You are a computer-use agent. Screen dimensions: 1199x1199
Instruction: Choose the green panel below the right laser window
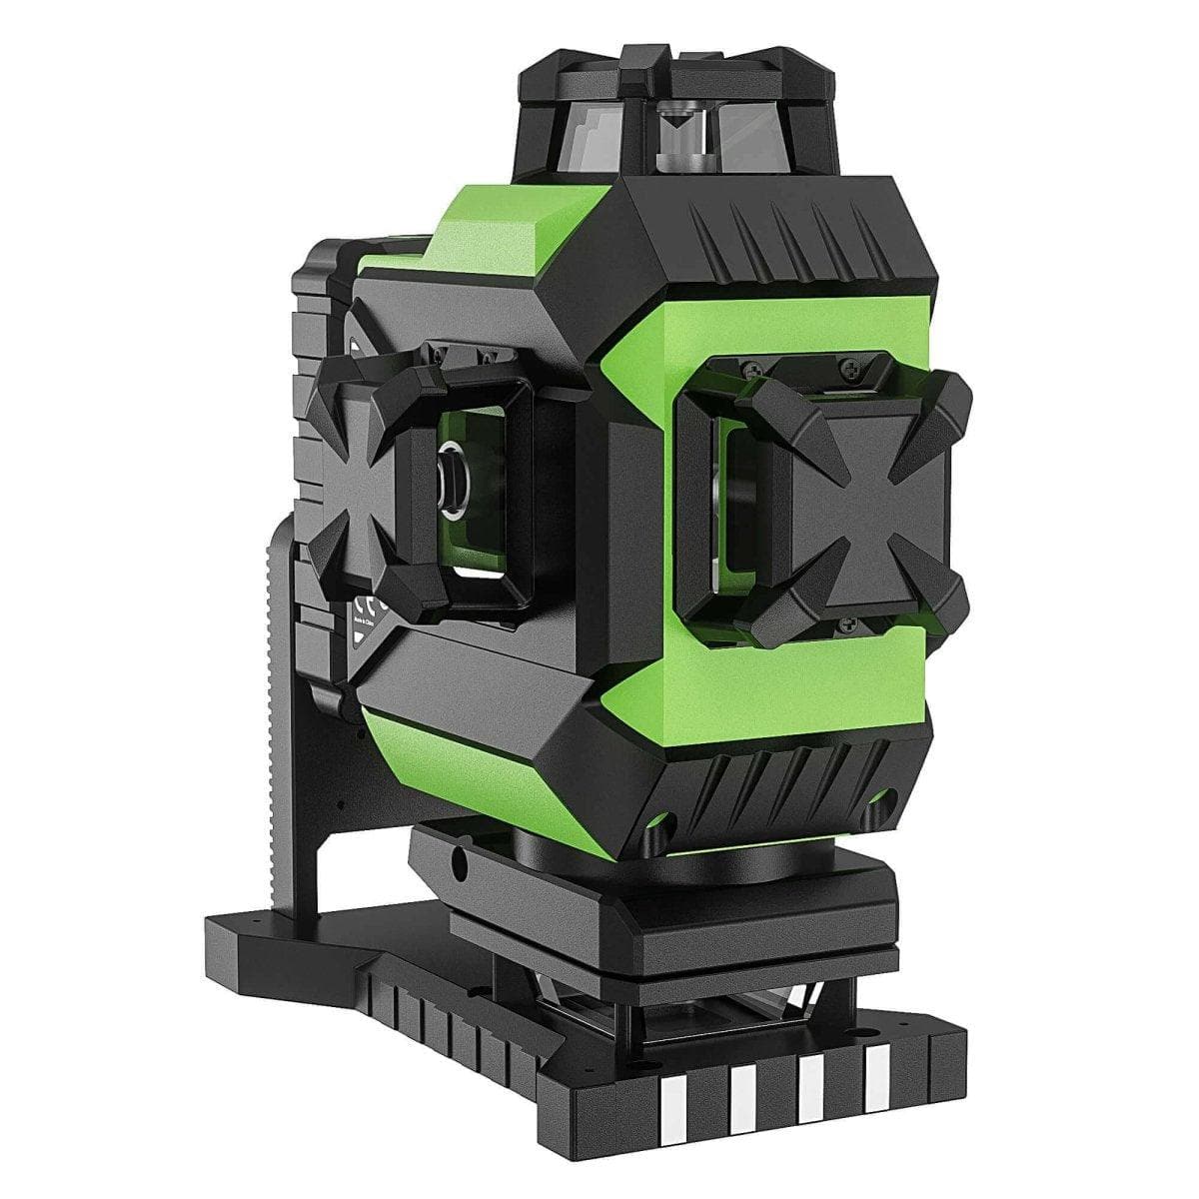789,689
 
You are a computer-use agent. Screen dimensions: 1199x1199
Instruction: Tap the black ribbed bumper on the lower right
789,789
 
